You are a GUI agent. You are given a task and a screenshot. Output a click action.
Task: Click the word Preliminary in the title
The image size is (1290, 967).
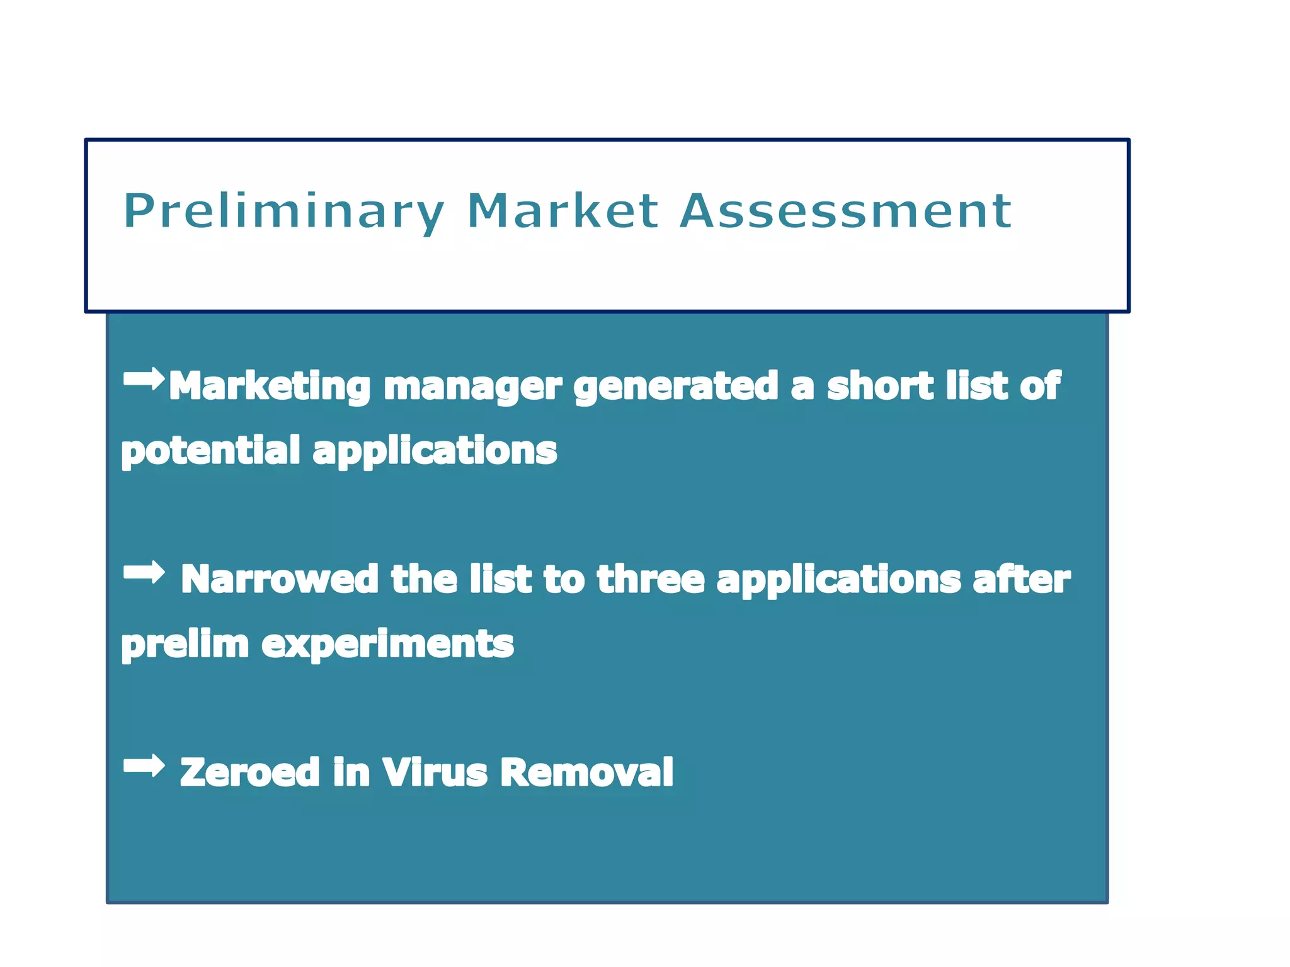tap(284, 212)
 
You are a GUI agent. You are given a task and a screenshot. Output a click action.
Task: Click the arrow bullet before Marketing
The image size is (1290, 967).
tap(144, 379)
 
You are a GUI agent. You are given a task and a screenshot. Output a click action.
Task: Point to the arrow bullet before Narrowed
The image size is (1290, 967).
tap(144, 572)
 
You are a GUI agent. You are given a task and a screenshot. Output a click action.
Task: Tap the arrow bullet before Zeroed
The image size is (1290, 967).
tap(144, 766)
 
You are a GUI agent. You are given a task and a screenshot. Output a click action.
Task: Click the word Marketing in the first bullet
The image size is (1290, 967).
tap(270, 386)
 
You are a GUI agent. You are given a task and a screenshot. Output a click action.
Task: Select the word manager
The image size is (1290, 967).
tap(472, 386)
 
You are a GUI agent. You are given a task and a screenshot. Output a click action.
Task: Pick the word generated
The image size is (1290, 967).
tap(676, 386)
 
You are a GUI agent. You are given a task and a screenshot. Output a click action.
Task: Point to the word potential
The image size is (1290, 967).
tap(210, 451)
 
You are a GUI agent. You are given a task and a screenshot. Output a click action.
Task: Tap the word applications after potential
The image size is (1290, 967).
tap(435, 451)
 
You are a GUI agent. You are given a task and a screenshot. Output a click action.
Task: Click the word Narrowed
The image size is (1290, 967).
tap(279, 579)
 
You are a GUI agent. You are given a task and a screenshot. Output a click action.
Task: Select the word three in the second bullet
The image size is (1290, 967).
tap(651, 579)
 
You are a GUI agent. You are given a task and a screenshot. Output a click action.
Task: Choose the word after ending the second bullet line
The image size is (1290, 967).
tap(1021, 579)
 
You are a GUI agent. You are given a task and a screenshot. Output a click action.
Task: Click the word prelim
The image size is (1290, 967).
tap(185, 645)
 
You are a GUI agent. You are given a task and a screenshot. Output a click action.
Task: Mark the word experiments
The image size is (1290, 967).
tap(387, 645)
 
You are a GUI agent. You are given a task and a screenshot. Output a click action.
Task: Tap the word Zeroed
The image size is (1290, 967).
tap(249, 772)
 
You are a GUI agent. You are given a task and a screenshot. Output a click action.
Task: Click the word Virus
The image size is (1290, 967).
tap(435, 772)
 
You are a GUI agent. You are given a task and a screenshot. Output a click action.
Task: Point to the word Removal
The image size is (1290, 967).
tap(586, 772)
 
